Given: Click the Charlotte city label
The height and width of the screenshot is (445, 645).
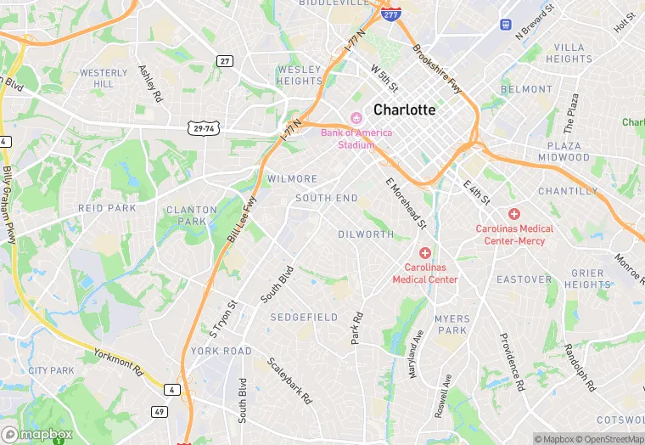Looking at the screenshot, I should [x=404, y=110].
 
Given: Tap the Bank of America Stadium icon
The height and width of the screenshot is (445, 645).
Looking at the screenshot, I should [x=356, y=118].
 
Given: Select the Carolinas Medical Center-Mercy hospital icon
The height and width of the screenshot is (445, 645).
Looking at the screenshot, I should [x=514, y=214].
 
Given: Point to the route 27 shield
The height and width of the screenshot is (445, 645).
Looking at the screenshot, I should [x=224, y=60].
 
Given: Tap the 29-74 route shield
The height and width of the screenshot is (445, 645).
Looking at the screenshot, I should [x=201, y=127].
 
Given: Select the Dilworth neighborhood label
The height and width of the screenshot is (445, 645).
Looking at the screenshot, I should [x=366, y=234].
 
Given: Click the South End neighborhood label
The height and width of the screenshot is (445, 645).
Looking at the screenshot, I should [x=327, y=198].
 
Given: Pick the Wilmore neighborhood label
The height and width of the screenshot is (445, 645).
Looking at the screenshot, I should [x=292, y=179].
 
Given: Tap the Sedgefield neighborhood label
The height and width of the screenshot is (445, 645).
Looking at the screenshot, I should [x=304, y=317].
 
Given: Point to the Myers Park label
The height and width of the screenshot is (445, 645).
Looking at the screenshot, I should [x=451, y=324].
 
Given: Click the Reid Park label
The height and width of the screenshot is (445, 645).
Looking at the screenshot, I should [x=107, y=208].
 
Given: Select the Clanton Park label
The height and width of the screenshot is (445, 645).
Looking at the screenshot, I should [x=186, y=216].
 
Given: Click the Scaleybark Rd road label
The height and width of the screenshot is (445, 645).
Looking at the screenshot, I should [x=290, y=380].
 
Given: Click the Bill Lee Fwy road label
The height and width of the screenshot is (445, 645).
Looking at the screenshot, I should [x=242, y=221].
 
